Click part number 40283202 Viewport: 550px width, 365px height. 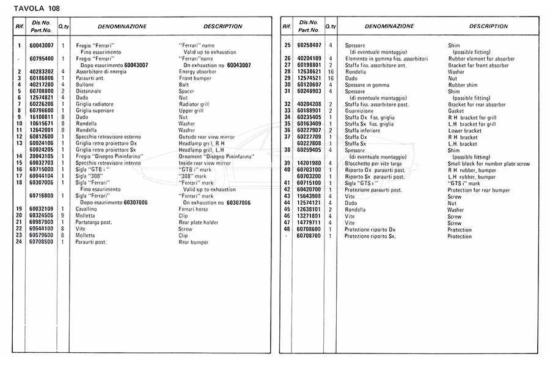(x=41, y=72)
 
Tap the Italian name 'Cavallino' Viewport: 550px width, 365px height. (x=87, y=210)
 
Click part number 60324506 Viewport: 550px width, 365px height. (x=41, y=216)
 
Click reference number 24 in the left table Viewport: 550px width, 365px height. (x=20, y=242)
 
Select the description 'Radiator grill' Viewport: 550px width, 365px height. (x=196, y=105)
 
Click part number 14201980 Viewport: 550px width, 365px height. (x=309, y=163)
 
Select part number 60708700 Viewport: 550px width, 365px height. (x=309, y=236)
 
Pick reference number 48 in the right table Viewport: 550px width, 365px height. (x=287, y=229)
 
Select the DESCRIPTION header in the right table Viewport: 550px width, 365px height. (x=488, y=27)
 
